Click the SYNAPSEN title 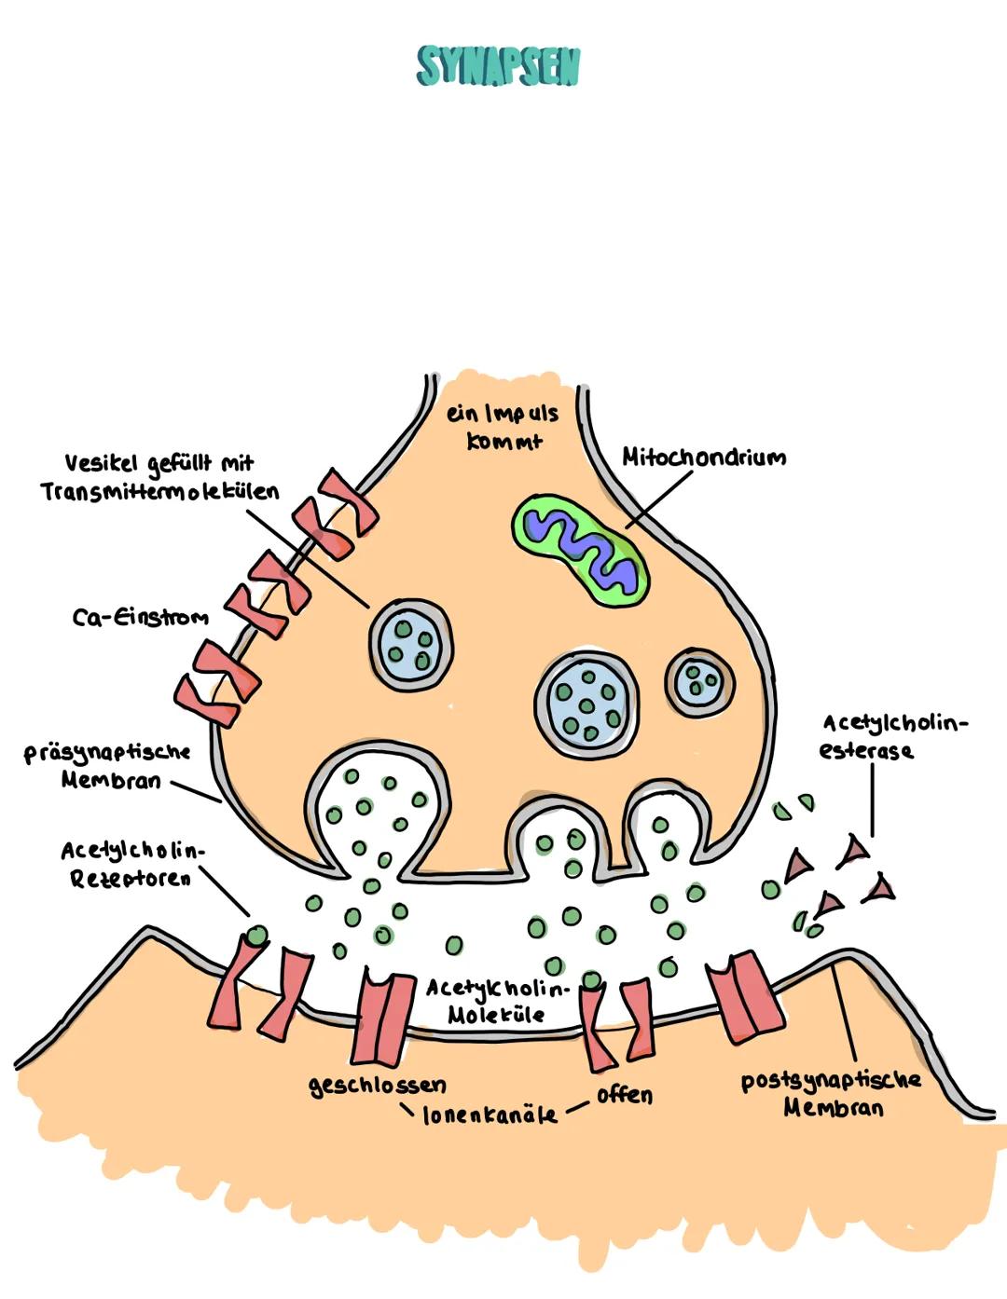pyautogui.click(x=498, y=67)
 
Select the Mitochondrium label pyautogui.click(x=703, y=458)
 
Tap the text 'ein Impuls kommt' pyautogui.click(x=503, y=426)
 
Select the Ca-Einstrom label pyautogui.click(x=140, y=617)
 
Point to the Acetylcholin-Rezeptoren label pyautogui.click(x=131, y=864)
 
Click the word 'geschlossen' pyautogui.click(x=378, y=1086)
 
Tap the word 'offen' pyautogui.click(x=624, y=1094)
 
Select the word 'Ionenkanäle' pyautogui.click(x=490, y=1114)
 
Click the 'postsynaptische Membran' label pyautogui.click(x=831, y=1093)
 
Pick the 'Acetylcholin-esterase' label pyautogui.click(x=893, y=736)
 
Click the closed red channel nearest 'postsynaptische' pyautogui.click(x=745, y=997)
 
